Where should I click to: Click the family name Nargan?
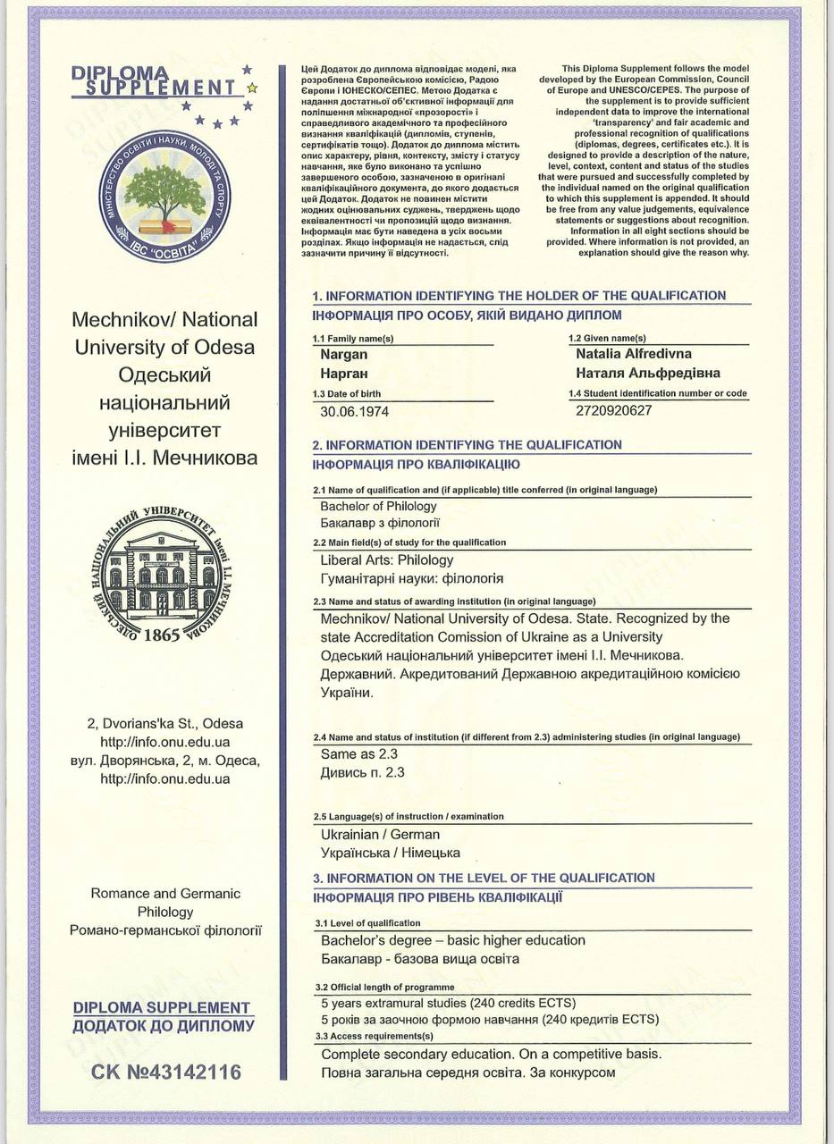(x=344, y=355)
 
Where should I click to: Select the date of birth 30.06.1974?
(x=354, y=412)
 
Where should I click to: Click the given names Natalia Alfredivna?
(x=634, y=354)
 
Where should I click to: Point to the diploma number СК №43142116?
(x=166, y=1072)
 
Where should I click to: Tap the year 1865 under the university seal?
(x=161, y=635)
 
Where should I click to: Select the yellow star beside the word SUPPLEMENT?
(x=252, y=88)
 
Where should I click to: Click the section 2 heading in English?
(x=467, y=445)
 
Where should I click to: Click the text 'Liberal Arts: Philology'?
(x=387, y=560)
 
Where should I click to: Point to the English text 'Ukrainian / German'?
(x=380, y=834)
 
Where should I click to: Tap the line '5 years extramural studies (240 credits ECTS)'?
(x=448, y=1002)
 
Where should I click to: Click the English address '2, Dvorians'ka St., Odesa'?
(x=164, y=723)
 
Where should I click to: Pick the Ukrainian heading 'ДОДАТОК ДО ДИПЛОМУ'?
(x=164, y=1026)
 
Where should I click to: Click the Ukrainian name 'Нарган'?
(x=344, y=373)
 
